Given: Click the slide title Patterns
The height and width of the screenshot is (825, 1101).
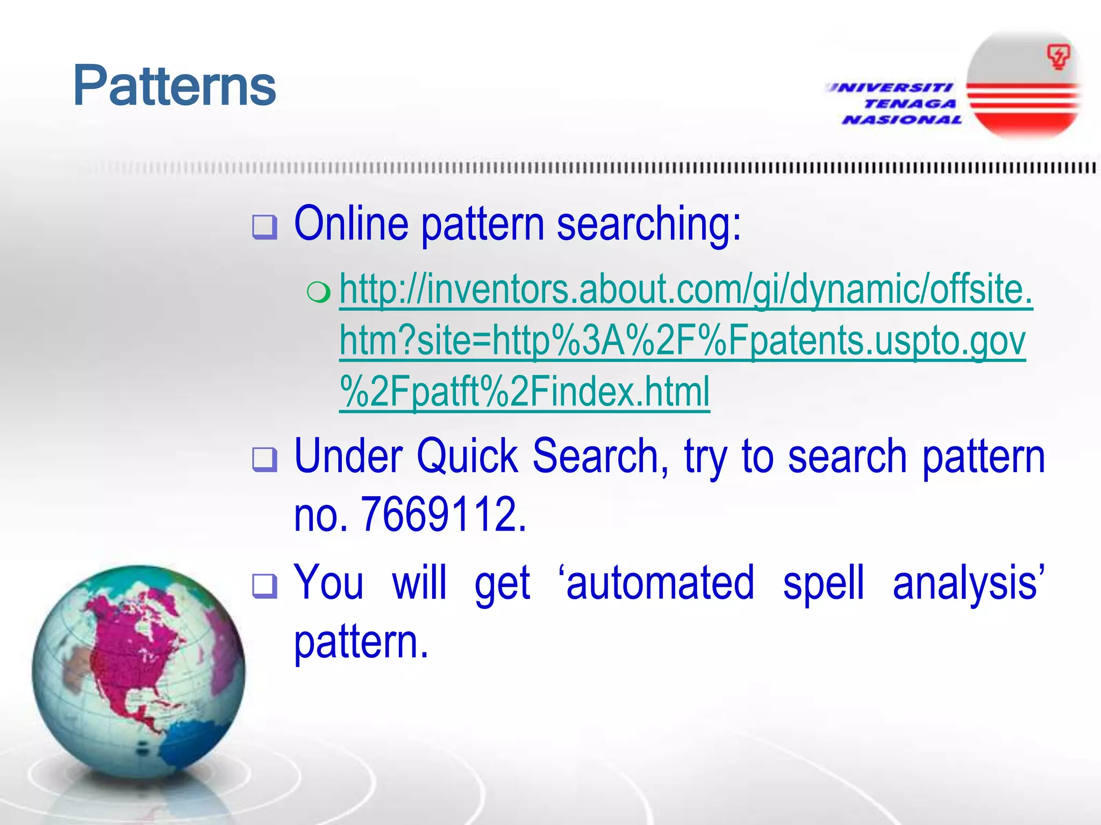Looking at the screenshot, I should point(174,86).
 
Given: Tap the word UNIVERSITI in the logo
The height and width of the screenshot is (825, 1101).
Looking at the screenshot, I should point(889,88).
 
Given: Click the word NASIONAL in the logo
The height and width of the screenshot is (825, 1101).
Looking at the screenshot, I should point(902,120).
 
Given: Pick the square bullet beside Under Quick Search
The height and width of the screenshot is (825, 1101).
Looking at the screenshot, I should point(265,460).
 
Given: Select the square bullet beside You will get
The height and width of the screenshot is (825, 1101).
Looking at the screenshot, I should point(265,586).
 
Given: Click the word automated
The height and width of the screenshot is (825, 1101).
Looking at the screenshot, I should point(660,583).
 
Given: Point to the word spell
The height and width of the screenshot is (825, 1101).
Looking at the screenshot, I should point(823,583).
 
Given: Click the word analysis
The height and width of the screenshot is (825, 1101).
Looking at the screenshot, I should point(965,583).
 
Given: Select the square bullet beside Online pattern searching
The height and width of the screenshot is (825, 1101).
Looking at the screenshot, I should point(265,227).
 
